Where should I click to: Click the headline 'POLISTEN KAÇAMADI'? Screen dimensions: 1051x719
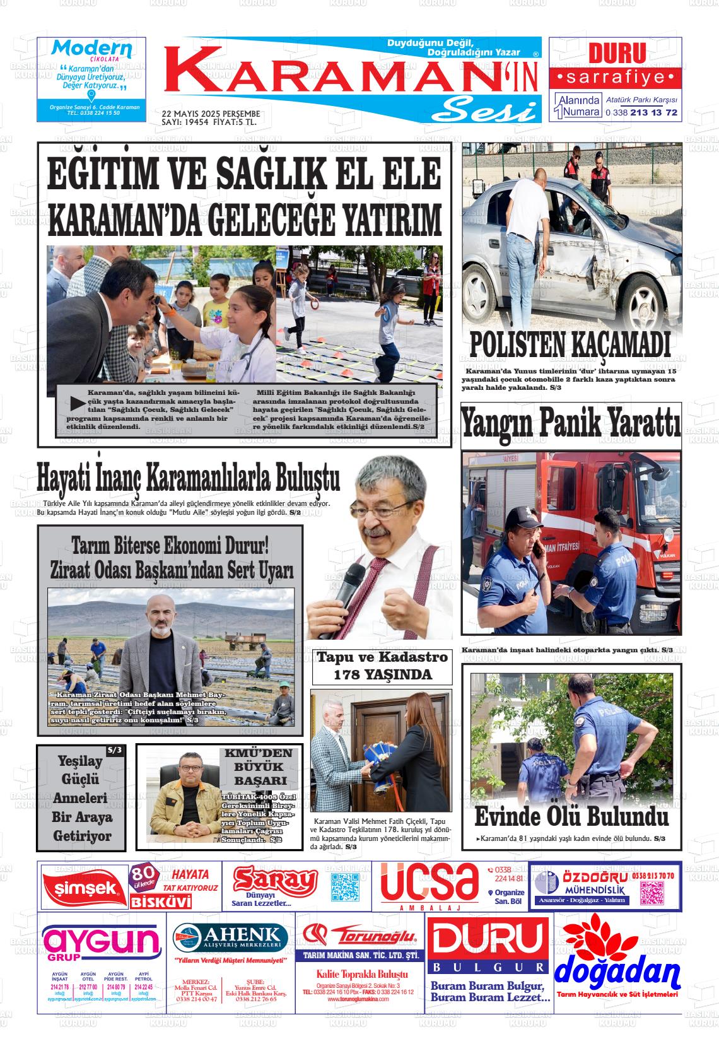point(570,345)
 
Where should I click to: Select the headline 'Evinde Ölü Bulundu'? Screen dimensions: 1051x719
point(571,817)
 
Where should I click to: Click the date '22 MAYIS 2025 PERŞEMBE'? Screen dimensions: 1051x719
point(211,114)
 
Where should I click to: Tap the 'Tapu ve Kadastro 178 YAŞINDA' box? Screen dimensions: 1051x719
point(382,666)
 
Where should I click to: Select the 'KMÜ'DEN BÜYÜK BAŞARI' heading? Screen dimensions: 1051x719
point(259,766)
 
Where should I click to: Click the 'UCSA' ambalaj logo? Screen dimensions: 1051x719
point(429,883)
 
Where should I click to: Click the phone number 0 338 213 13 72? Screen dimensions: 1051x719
point(641,112)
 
